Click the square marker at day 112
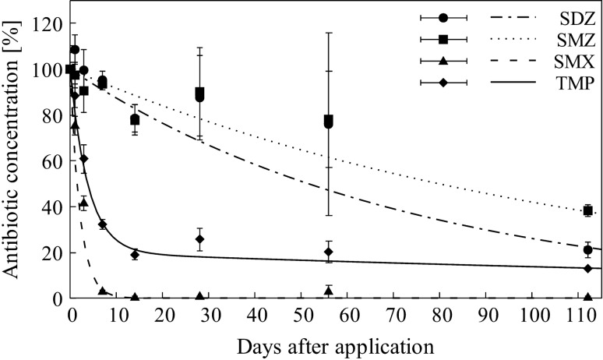click(588, 210)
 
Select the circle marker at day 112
click(588, 250)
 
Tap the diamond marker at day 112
click(588, 268)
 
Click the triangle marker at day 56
click(329, 291)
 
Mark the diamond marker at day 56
click(329, 252)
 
